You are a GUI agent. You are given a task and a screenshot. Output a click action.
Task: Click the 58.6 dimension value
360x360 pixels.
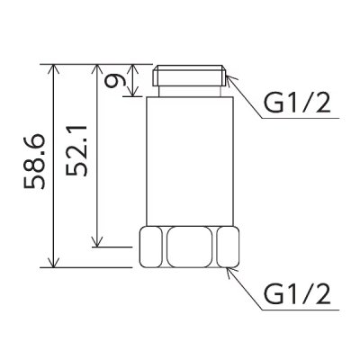pyautogui.click(x=34, y=162)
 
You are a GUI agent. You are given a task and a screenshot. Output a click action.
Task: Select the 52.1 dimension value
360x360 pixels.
pyautogui.click(x=76, y=150)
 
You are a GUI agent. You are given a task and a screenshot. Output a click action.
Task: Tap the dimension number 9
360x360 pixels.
pyautogui.click(x=113, y=81)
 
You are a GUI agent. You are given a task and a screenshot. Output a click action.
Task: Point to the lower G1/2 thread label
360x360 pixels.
pyautogui.click(x=297, y=294)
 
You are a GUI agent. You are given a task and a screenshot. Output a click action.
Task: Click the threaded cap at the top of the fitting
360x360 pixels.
pyautogui.click(x=188, y=76)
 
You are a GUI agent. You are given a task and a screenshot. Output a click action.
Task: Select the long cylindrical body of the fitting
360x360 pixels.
pyautogui.click(x=190, y=161)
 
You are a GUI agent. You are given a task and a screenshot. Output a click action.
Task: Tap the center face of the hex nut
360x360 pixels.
pyautogui.click(x=189, y=247)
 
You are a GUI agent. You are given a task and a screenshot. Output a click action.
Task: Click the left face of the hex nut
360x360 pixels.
pyautogui.click(x=150, y=247)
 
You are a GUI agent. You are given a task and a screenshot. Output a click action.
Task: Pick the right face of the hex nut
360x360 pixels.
pyautogui.click(x=229, y=247)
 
